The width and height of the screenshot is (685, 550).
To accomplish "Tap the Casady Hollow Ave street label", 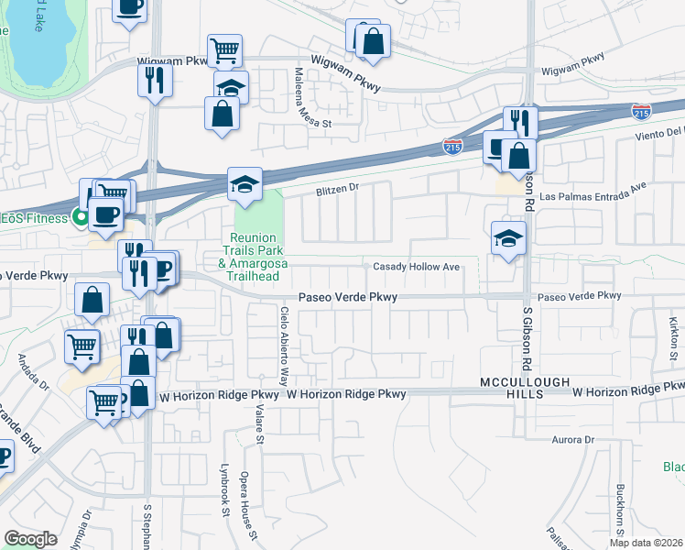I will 416,268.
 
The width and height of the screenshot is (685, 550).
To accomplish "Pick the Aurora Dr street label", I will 572,440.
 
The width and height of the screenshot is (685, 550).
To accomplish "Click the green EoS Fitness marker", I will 81,217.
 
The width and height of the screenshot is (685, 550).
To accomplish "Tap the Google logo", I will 30,539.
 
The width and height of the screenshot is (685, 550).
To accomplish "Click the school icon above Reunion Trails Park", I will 245,185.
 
